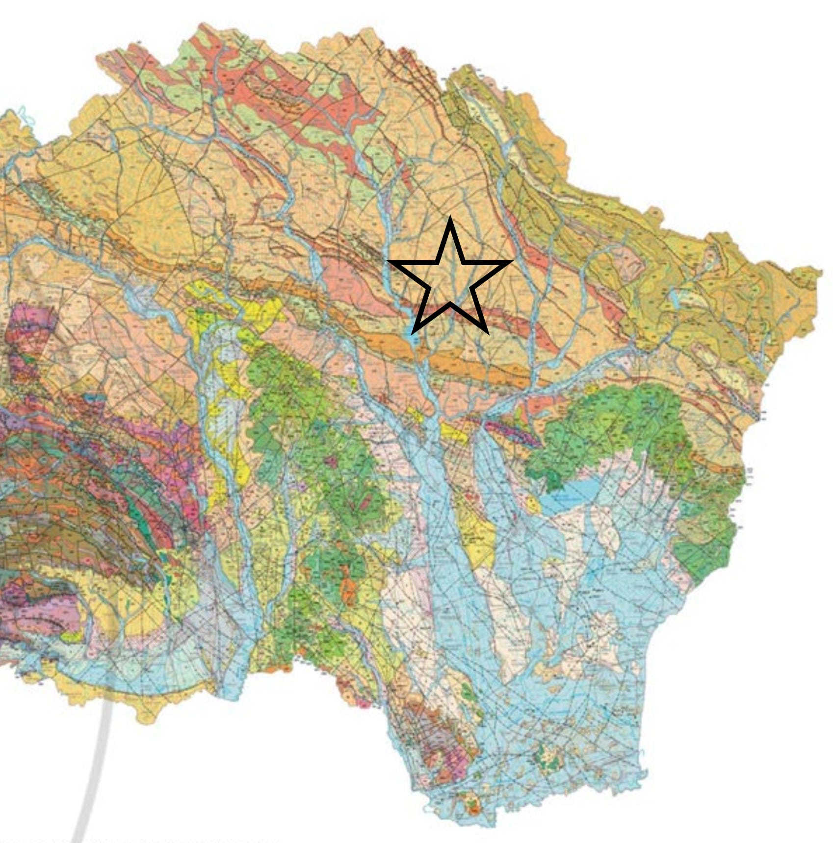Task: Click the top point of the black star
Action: coord(450,219)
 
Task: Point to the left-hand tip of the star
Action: coord(389,262)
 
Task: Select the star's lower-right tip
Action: coord(487,333)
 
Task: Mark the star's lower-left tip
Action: coord(413,333)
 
